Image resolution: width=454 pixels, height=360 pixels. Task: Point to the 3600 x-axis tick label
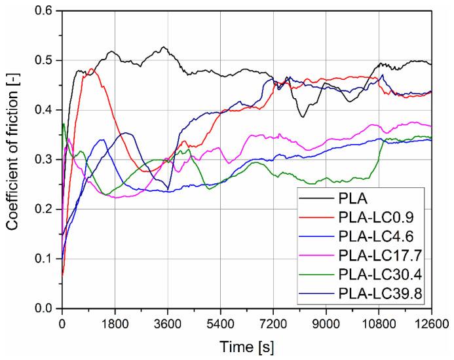tap(168, 321)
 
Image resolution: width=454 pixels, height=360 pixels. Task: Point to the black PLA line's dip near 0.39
tap(302, 117)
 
